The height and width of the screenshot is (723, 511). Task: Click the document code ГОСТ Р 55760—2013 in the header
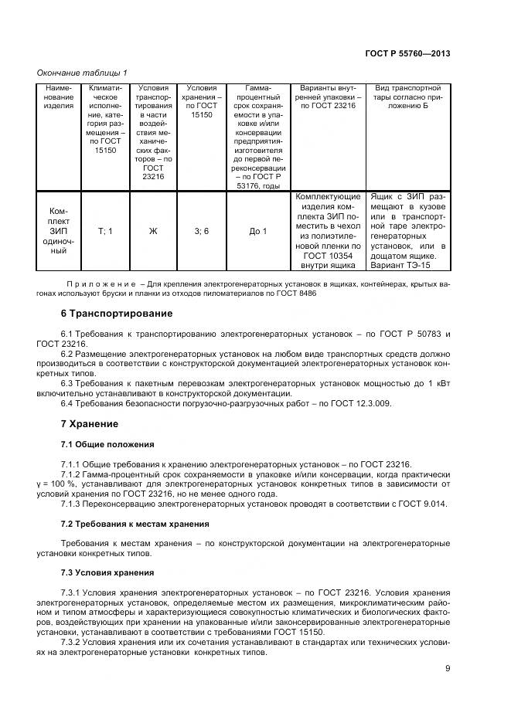[407, 53]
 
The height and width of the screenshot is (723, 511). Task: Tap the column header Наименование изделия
[59, 97]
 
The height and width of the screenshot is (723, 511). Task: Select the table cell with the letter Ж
[153, 231]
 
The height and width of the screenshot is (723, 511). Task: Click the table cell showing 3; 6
[201, 231]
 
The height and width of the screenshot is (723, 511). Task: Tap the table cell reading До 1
[258, 231]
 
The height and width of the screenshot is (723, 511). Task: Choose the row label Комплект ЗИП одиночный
[59, 231]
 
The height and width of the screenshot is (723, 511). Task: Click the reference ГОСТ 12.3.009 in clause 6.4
[365, 403]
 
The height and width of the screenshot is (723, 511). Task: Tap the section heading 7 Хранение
[89, 424]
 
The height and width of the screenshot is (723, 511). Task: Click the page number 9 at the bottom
[447, 669]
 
